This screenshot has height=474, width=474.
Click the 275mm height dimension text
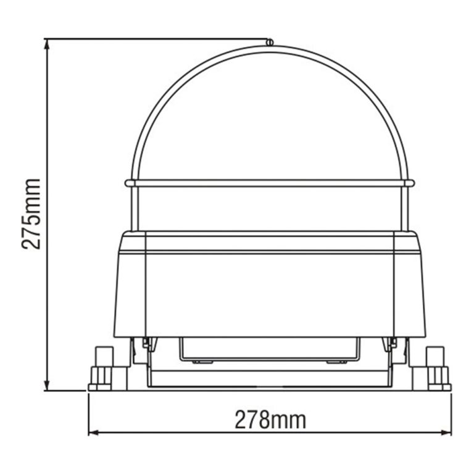(x=31, y=213)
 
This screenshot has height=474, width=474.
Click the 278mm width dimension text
(x=270, y=420)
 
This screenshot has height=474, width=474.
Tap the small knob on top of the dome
(x=270, y=42)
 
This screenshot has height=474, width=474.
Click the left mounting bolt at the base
(x=102, y=368)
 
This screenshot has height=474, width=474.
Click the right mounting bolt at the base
(x=437, y=368)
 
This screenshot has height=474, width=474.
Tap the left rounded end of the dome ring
(x=128, y=183)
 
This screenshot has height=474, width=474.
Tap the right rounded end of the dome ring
(x=412, y=183)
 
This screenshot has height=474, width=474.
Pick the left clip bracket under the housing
(x=146, y=344)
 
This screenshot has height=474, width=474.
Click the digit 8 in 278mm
(x=266, y=420)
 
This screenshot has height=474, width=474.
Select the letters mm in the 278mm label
(x=290, y=420)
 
